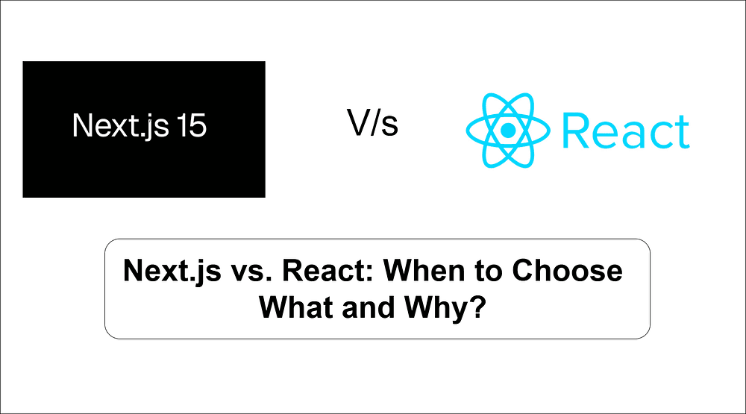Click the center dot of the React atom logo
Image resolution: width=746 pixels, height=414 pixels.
pos(508,130)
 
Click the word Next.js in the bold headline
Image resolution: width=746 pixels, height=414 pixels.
pos(172,270)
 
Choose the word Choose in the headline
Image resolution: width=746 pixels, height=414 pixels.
pos(567,270)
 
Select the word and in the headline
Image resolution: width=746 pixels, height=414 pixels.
pos(364,306)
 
